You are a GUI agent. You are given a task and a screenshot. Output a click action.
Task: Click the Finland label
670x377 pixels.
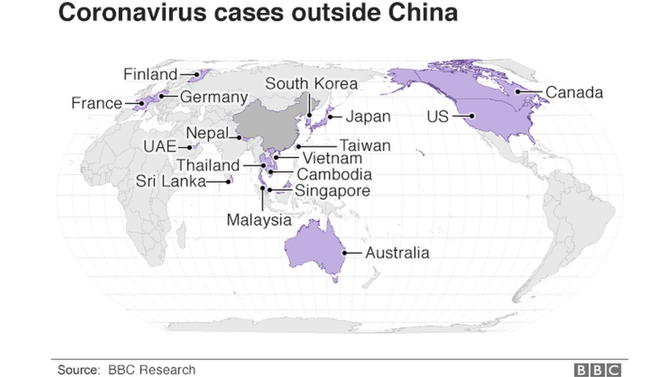[x=150, y=73]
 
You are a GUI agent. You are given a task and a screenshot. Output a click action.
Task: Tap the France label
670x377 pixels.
[x=96, y=104]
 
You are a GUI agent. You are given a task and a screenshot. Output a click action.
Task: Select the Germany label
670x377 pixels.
[x=213, y=97]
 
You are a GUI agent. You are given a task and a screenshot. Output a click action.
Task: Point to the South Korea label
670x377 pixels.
[x=311, y=84]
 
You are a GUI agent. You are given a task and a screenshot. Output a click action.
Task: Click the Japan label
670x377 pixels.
[x=367, y=117]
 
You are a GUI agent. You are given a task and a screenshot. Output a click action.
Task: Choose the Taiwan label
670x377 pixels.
[x=365, y=146]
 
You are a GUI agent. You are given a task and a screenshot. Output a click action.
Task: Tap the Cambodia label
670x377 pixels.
[x=334, y=174]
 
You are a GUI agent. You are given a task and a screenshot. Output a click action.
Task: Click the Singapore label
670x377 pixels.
[x=332, y=190]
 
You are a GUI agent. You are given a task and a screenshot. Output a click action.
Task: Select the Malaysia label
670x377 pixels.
[x=259, y=220]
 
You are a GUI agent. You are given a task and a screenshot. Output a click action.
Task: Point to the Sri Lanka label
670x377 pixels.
[x=171, y=181]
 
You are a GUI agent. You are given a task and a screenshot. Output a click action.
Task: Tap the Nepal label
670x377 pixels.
[x=207, y=133]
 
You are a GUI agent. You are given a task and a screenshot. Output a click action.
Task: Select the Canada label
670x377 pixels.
[x=574, y=92]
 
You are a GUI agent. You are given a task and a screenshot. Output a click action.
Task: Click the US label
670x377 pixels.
[x=437, y=117]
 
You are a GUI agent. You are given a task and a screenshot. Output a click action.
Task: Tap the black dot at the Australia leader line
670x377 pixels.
[x=345, y=253]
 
